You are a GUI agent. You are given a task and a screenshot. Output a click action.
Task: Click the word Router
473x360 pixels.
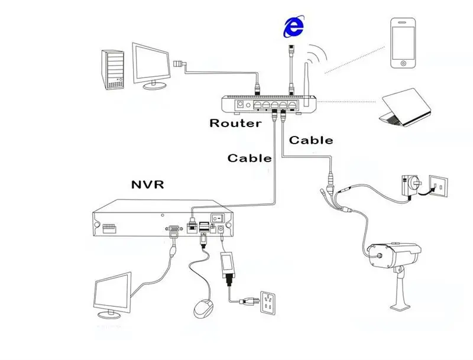235,124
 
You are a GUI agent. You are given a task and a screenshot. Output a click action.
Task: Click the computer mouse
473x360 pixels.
204,308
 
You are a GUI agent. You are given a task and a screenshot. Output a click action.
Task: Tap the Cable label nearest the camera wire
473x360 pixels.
310,141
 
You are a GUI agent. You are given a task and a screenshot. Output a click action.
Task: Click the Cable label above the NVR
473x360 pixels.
250,158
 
